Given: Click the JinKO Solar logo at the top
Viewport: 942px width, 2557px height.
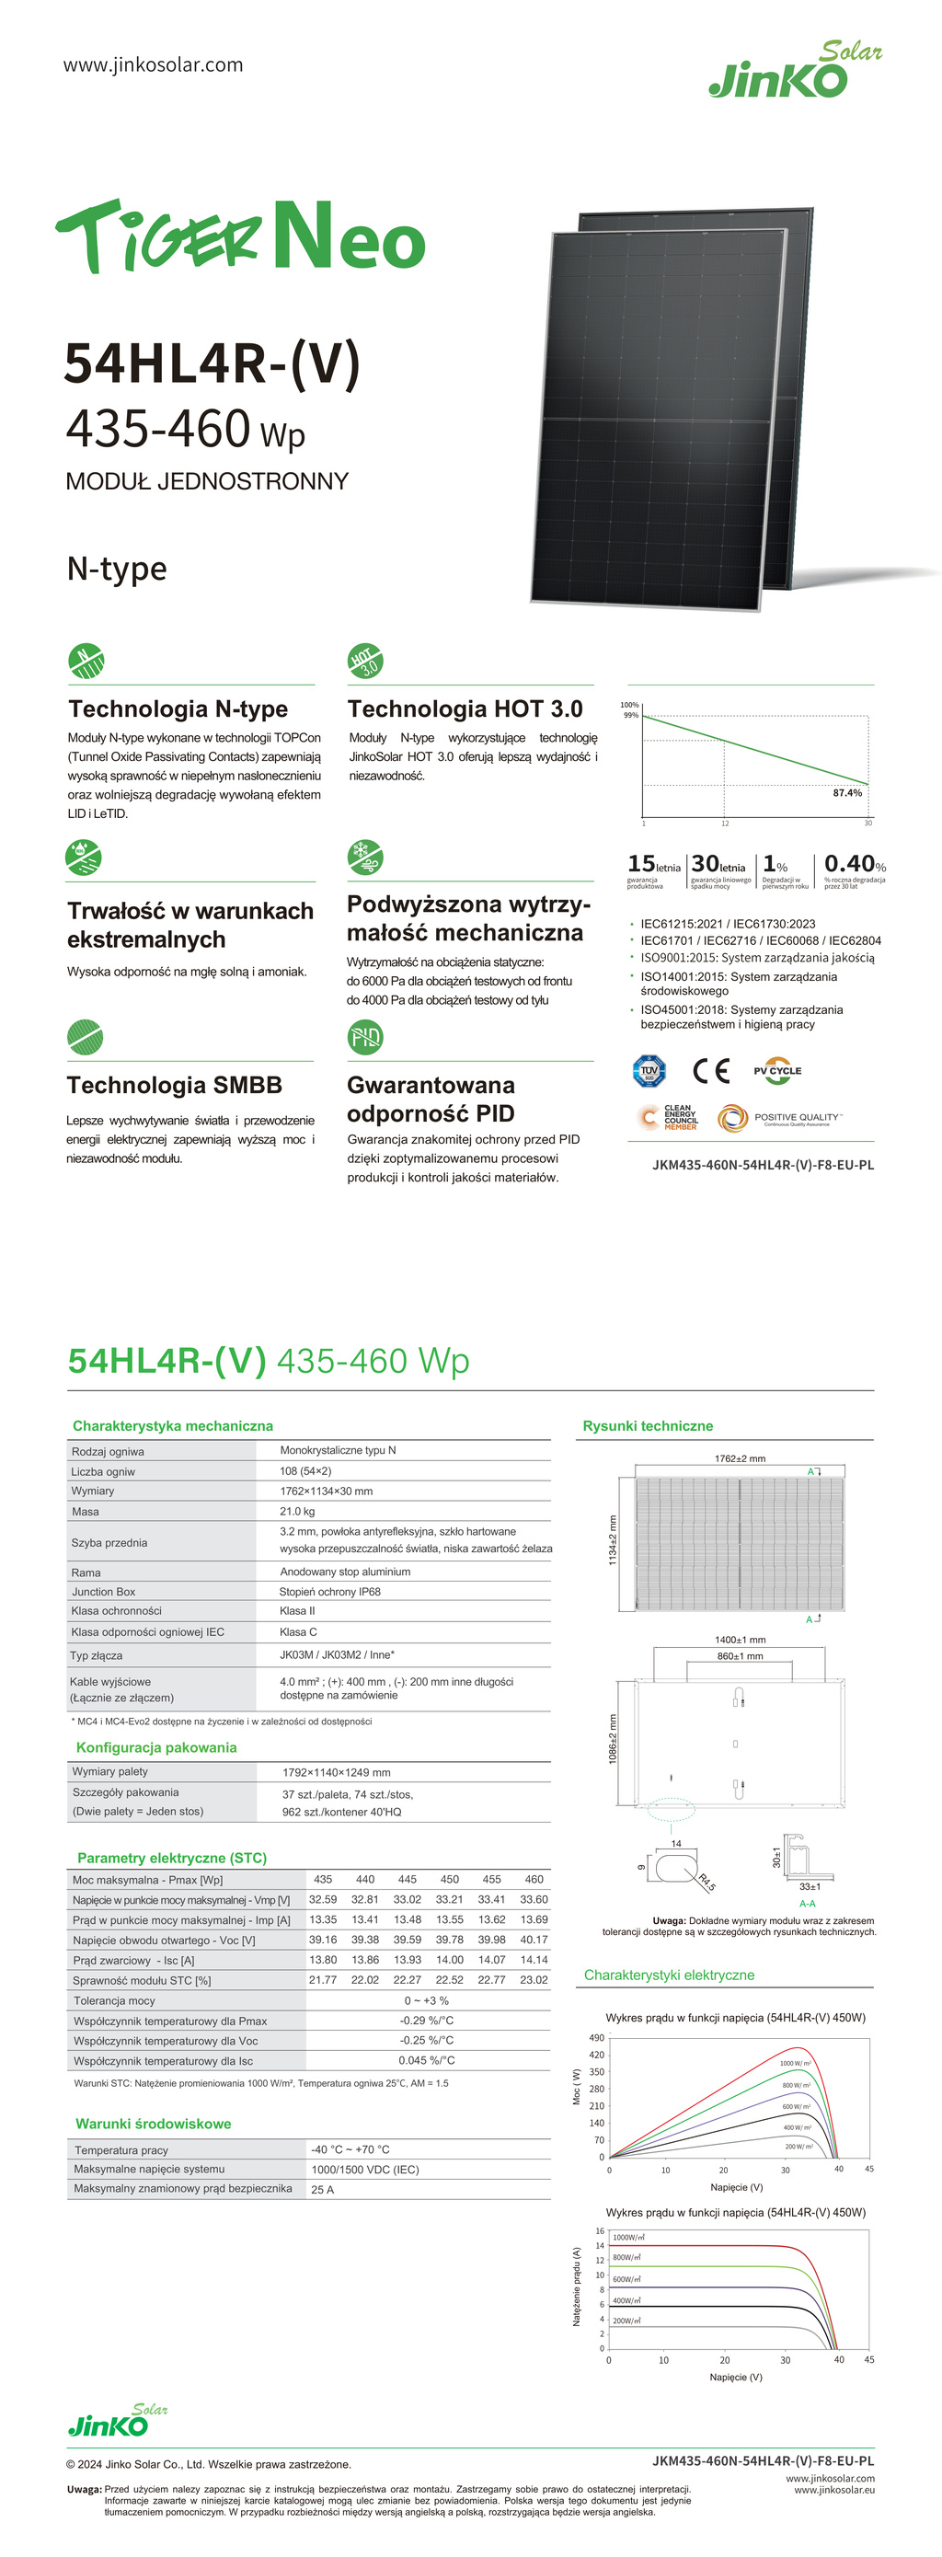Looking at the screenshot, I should click(794, 72).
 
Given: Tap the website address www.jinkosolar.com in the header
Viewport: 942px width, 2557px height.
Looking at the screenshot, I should click(153, 65).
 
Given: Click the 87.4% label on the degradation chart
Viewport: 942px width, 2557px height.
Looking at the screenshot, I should click(846, 793).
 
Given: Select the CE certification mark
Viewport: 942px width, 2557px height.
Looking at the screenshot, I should click(711, 1071).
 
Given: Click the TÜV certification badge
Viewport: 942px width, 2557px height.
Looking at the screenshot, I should click(649, 1071).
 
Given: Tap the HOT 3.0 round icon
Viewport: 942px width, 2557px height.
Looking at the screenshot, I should click(365, 660).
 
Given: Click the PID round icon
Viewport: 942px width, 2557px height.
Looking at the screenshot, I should click(365, 1037).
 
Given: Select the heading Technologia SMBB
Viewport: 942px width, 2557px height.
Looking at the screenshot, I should click(175, 1085).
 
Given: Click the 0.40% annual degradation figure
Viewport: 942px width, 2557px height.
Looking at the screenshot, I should click(854, 864).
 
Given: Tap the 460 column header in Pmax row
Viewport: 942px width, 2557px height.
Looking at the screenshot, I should click(534, 1879).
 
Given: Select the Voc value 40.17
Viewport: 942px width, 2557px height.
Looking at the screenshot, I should click(534, 1940).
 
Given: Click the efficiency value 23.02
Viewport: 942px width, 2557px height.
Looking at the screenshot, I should click(534, 1980).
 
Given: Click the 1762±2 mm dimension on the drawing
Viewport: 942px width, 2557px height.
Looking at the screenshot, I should click(740, 1458).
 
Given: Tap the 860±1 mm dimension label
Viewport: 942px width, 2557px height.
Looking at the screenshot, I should click(740, 1655).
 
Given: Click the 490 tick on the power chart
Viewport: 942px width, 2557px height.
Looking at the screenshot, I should click(596, 2038).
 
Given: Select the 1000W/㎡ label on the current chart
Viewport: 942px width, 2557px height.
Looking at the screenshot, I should click(628, 2238).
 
